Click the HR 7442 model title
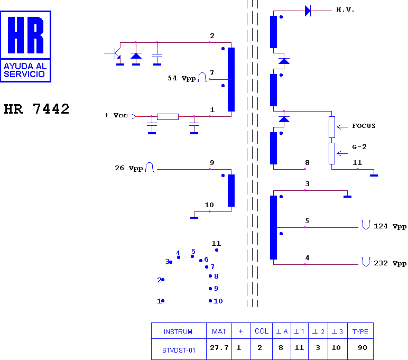(x=36, y=109)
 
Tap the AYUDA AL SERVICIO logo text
(x=25, y=70)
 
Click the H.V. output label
(x=345, y=10)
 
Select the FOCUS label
(x=364, y=126)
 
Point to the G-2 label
(x=359, y=147)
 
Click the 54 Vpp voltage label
(x=182, y=78)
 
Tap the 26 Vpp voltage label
(x=129, y=168)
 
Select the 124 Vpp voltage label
(x=390, y=226)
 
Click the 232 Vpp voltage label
(x=390, y=263)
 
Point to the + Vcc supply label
(x=116, y=115)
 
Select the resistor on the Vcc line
(x=168, y=117)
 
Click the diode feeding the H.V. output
(x=308, y=11)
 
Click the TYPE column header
(x=360, y=331)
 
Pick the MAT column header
(x=219, y=331)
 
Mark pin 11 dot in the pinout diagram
(x=217, y=250)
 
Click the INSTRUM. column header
(x=179, y=331)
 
